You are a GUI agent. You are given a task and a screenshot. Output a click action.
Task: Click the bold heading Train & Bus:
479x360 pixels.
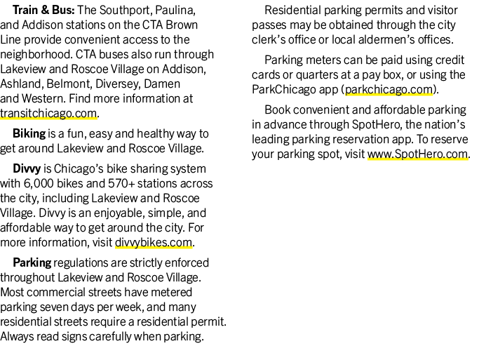(x=43, y=10)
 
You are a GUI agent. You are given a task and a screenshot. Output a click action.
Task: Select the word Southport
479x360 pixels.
(x=126, y=11)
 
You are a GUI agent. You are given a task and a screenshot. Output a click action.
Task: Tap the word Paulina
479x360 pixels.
(x=175, y=11)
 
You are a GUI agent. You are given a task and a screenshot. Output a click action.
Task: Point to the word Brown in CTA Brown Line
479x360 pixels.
(x=182, y=25)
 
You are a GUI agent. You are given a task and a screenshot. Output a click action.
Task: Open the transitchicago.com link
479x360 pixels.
(x=48, y=114)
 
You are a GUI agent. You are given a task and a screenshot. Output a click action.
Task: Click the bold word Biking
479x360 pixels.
(x=29, y=134)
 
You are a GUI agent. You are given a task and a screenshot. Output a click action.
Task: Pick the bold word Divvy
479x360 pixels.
(x=27, y=168)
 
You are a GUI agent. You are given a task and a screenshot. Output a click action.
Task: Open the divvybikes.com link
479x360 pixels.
(x=154, y=242)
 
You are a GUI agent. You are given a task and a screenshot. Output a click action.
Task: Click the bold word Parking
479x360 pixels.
(x=32, y=263)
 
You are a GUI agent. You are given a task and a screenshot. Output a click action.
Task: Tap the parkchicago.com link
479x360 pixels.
(x=389, y=90)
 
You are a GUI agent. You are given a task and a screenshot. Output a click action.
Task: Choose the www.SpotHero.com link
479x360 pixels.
(x=417, y=154)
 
